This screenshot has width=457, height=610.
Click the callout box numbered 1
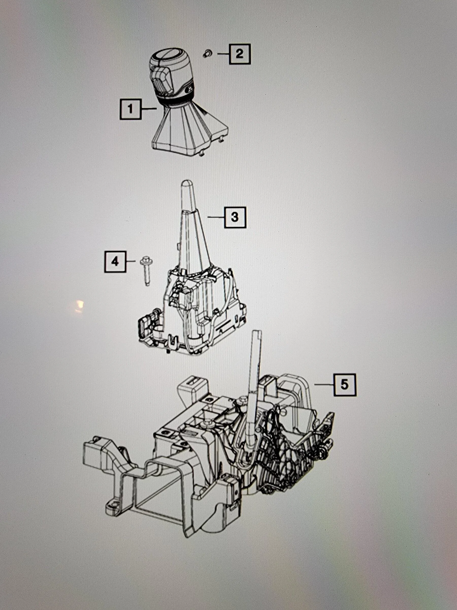130,109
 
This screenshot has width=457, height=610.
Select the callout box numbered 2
239,54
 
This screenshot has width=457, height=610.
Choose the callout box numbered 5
345,385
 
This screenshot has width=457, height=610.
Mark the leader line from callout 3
216,217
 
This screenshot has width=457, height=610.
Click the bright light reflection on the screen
79,306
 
